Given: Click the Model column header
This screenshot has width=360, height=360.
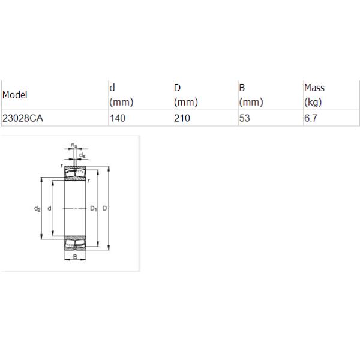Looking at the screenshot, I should click(x=15, y=95).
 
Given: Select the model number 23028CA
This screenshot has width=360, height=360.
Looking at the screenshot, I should click(x=23, y=118).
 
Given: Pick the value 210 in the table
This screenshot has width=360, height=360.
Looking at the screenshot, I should click(x=182, y=118).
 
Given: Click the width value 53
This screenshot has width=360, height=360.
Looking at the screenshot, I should click(x=244, y=118).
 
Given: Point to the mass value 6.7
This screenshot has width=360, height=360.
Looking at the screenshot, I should click(x=310, y=118).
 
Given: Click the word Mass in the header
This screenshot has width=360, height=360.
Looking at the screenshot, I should click(x=314, y=88).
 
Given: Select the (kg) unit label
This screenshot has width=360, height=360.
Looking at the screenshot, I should click(x=313, y=102).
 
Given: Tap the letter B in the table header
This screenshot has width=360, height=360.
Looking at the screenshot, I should click(x=242, y=88).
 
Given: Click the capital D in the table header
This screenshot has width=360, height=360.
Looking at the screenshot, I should click(x=177, y=88).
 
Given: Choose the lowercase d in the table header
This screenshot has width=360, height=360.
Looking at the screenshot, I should click(x=112, y=88).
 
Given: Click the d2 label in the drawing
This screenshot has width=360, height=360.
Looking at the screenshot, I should click(x=37, y=209).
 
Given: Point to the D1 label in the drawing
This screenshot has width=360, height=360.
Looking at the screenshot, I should click(x=94, y=209).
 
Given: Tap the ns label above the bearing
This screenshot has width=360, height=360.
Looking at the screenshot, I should click(x=73, y=145).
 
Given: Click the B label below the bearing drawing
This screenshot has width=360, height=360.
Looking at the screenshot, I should click(x=75, y=257).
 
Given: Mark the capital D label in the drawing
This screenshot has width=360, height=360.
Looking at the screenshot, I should click(x=104, y=209).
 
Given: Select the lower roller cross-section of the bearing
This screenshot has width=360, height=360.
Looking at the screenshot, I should click(x=75, y=243).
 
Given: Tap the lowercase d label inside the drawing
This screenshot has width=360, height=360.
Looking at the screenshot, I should click(x=49, y=209).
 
